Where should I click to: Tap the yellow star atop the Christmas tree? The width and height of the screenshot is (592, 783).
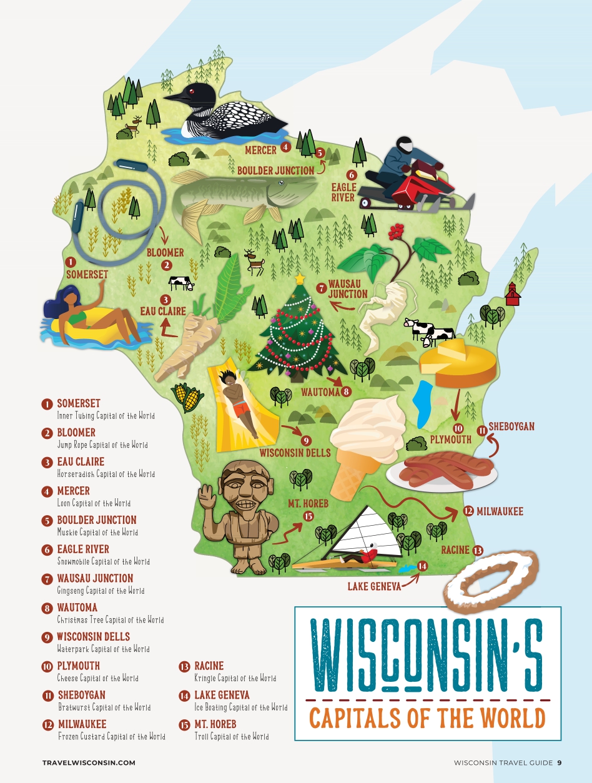click(x=300, y=278)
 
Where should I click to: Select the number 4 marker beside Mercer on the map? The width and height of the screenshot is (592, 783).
click(x=285, y=147)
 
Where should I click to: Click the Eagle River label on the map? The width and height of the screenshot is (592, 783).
click(x=343, y=192)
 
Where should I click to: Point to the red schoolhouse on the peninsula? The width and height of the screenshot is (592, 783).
click(x=513, y=295)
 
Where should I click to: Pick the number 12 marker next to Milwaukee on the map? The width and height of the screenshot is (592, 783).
click(x=468, y=511)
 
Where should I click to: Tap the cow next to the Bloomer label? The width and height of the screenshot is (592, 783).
click(x=181, y=283)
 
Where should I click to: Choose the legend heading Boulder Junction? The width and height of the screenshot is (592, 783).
click(x=96, y=520)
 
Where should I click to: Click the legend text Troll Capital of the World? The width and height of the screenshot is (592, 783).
click(x=232, y=737)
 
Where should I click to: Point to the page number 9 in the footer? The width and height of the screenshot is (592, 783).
click(x=560, y=762)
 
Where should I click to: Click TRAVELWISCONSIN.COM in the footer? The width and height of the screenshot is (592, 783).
click(x=89, y=762)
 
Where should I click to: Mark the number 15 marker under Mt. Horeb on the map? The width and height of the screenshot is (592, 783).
click(x=308, y=516)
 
